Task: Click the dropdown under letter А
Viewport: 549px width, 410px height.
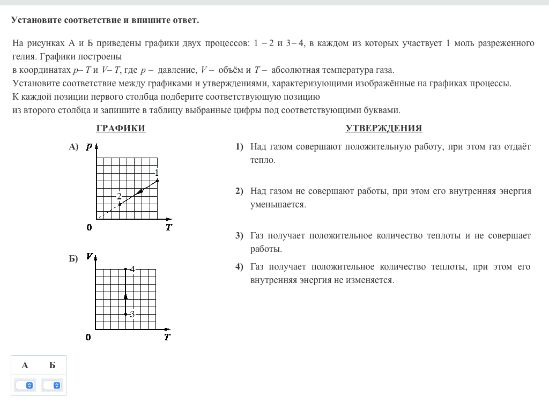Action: [25, 385]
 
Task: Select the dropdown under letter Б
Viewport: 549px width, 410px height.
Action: [53, 385]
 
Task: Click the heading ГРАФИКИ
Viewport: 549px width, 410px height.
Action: [121, 128]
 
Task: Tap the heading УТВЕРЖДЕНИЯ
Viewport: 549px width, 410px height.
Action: [384, 128]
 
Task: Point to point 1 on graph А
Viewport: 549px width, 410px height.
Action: [157, 181]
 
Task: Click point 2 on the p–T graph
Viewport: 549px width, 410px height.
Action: [120, 204]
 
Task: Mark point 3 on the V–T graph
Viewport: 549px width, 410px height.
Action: [125, 314]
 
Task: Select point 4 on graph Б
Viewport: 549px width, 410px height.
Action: [125, 269]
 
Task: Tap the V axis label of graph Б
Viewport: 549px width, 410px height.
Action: [89, 257]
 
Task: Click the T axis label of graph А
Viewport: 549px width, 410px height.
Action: [168, 227]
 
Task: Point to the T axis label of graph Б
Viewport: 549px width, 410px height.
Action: [167, 337]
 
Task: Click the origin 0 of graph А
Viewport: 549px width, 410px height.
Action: [89, 227]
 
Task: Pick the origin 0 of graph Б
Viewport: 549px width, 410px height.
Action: [88, 337]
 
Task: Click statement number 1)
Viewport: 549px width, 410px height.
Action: [239, 147]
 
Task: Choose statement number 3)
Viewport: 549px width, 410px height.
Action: [239, 236]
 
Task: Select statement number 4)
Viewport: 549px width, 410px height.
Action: [239, 267]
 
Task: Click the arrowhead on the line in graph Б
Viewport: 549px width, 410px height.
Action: [125, 295]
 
